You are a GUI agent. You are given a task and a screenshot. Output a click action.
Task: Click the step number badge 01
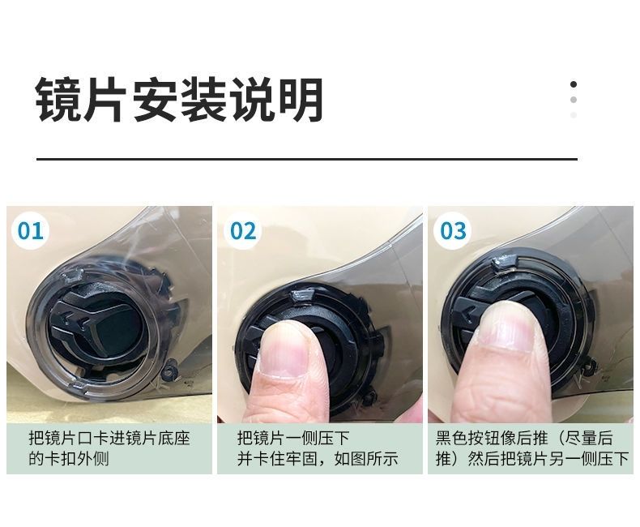[x=31, y=231]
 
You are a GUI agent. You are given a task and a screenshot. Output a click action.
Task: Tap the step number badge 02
[x=243, y=231]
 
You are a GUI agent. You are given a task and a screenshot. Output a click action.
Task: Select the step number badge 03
[x=453, y=231]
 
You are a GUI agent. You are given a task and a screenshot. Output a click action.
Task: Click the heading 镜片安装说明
[x=179, y=100]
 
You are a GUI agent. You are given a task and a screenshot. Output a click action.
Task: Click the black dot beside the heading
[x=574, y=84]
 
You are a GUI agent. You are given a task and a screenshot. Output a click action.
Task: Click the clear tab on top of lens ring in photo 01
[x=73, y=276]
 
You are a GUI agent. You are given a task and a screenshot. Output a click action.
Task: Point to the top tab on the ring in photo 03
[x=503, y=261]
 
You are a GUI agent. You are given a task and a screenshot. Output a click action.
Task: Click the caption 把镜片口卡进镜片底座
[x=109, y=438]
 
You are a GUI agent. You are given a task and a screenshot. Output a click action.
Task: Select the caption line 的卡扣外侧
[x=69, y=458]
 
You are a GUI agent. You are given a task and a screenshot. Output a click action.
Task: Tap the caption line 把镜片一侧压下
[x=293, y=438]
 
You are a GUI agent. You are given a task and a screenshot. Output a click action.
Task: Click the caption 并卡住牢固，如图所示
[x=318, y=458]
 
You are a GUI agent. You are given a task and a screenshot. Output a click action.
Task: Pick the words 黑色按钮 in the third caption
[x=467, y=438]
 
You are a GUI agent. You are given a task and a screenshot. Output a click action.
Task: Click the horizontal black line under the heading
[x=307, y=159]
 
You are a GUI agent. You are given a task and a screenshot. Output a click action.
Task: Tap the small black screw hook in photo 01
[x=170, y=370]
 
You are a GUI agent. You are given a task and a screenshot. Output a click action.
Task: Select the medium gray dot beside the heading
[x=574, y=100]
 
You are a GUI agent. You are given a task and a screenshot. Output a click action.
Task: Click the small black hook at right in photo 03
[x=590, y=366]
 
